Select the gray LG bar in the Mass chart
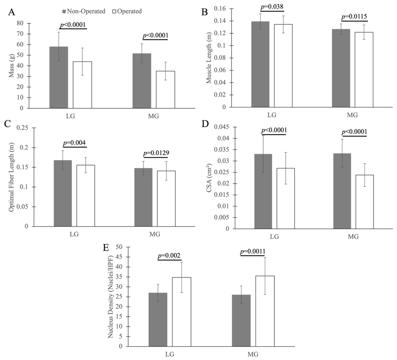(x=59, y=77)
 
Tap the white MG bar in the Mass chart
(x=165, y=90)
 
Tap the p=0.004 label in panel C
(x=74, y=143)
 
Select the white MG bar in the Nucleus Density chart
(x=265, y=311)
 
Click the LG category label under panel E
(x=169, y=354)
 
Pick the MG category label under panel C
(x=154, y=234)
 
